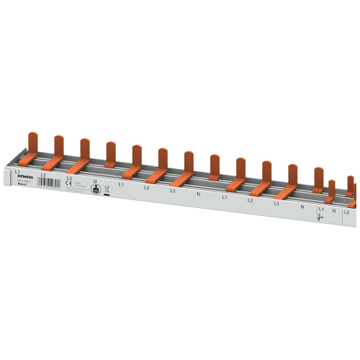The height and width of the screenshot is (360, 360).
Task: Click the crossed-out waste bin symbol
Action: [x=107, y=188]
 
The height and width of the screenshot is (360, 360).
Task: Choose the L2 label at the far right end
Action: [x=346, y=212]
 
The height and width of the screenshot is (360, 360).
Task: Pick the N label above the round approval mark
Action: [x=95, y=181]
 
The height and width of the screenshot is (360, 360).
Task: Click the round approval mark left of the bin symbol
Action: [x=94, y=189]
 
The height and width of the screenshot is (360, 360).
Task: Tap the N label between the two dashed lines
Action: [x=334, y=210]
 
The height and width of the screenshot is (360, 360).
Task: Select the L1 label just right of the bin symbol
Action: [x=121, y=184]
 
